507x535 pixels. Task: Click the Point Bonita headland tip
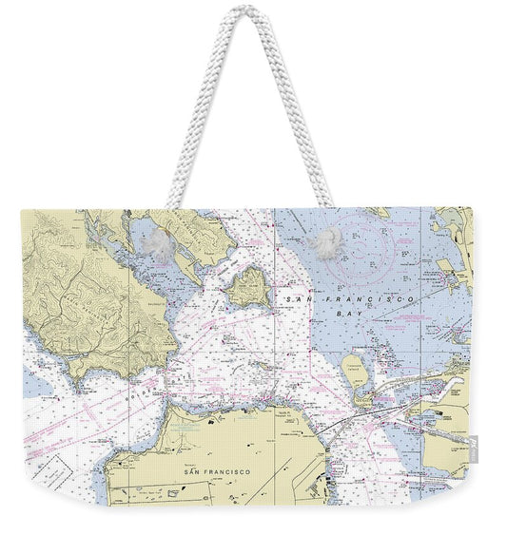(x=75, y=374)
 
